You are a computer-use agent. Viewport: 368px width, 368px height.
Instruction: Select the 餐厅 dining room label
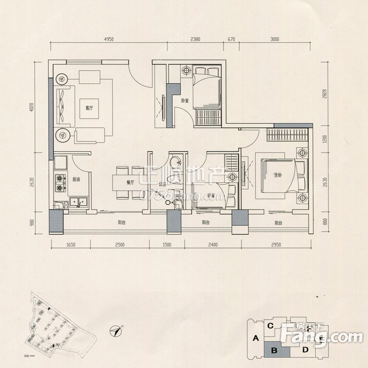point(130,182)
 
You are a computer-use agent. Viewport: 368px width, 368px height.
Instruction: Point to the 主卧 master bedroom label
point(277,175)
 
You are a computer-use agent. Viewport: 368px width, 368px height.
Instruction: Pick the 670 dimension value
point(231,40)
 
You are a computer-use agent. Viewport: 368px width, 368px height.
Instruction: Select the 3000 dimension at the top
point(275,40)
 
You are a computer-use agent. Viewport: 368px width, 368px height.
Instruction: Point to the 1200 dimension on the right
point(325,138)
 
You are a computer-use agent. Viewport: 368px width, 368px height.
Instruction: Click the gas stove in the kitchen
point(60,182)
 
